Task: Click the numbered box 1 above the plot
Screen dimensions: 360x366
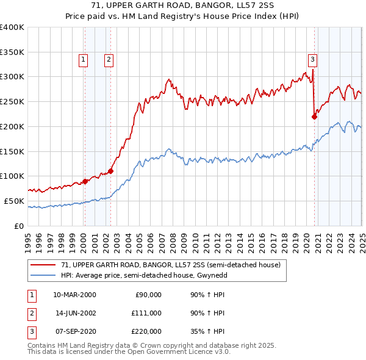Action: pyautogui.click(x=82, y=59)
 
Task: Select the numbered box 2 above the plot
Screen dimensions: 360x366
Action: pyautogui.click(x=108, y=59)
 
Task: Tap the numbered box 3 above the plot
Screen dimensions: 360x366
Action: pyautogui.click(x=312, y=59)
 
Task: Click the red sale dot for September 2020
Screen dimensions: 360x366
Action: pyautogui.click(x=315, y=117)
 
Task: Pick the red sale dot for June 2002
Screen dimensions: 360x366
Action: pyautogui.click(x=111, y=171)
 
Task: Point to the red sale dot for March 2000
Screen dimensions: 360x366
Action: pyautogui.click(x=85, y=181)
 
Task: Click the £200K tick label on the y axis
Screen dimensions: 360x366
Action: pyautogui.click(x=12, y=126)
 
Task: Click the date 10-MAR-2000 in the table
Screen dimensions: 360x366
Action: pyautogui.click(x=74, y=295)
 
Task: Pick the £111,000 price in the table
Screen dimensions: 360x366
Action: pyautogui.click(x=147, y=312)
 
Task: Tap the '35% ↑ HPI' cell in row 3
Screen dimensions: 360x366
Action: pyautogui.click(x=207, y=331)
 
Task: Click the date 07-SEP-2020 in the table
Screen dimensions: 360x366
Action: pyautogui.click(x=74, y=331)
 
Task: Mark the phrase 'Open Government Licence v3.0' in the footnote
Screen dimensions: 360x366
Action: pyautogui.click(x=179, y=351)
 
